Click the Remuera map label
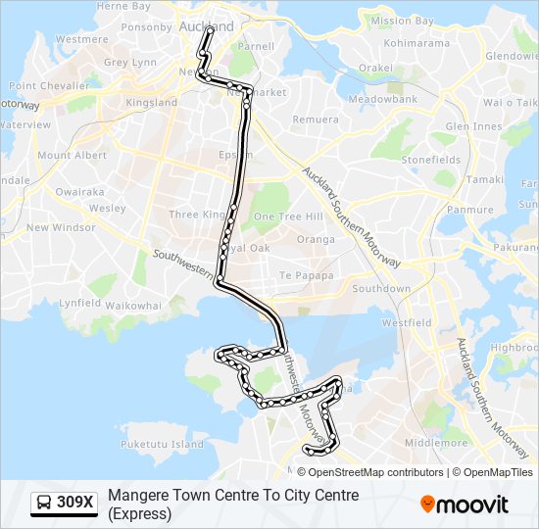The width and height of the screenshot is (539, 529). pos(313,119)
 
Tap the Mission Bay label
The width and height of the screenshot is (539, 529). pos(403,21)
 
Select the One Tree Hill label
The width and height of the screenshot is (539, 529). pos(288,216)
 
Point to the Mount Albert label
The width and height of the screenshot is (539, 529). pos(72,156)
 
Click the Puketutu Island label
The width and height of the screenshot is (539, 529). pos(163,445)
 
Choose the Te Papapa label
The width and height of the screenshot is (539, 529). pos(307,276)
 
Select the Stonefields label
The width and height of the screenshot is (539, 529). pos(430,160)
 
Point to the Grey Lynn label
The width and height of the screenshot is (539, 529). pos(129,63)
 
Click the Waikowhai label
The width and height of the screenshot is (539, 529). pos(133,306)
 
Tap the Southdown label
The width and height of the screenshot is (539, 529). pos(381,289)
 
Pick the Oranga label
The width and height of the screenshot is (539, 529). pos(316,239)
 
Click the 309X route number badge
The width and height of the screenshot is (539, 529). pos(75,504)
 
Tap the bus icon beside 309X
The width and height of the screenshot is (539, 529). pos(44,504)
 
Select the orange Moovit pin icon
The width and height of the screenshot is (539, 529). pos(427,505)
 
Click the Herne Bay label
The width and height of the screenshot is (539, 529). pos(123,7)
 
